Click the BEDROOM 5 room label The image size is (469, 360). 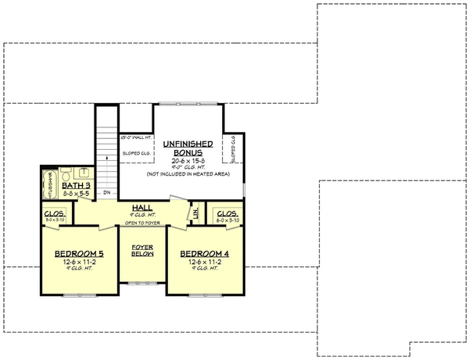[x=76, y=255]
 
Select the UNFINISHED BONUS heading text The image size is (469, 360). [x=184, y=148]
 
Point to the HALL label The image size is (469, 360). [x=141, y=208]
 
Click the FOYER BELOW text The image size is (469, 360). [x=141, y=251]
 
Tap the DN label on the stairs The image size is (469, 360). [x=107, y=191]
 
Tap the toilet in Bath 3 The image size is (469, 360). [x=66, y=173]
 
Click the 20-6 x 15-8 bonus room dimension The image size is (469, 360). [x=184, y=161]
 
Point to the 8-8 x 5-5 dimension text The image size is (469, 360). [x=77, y=191]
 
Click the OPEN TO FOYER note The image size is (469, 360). [x=141, y=223]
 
